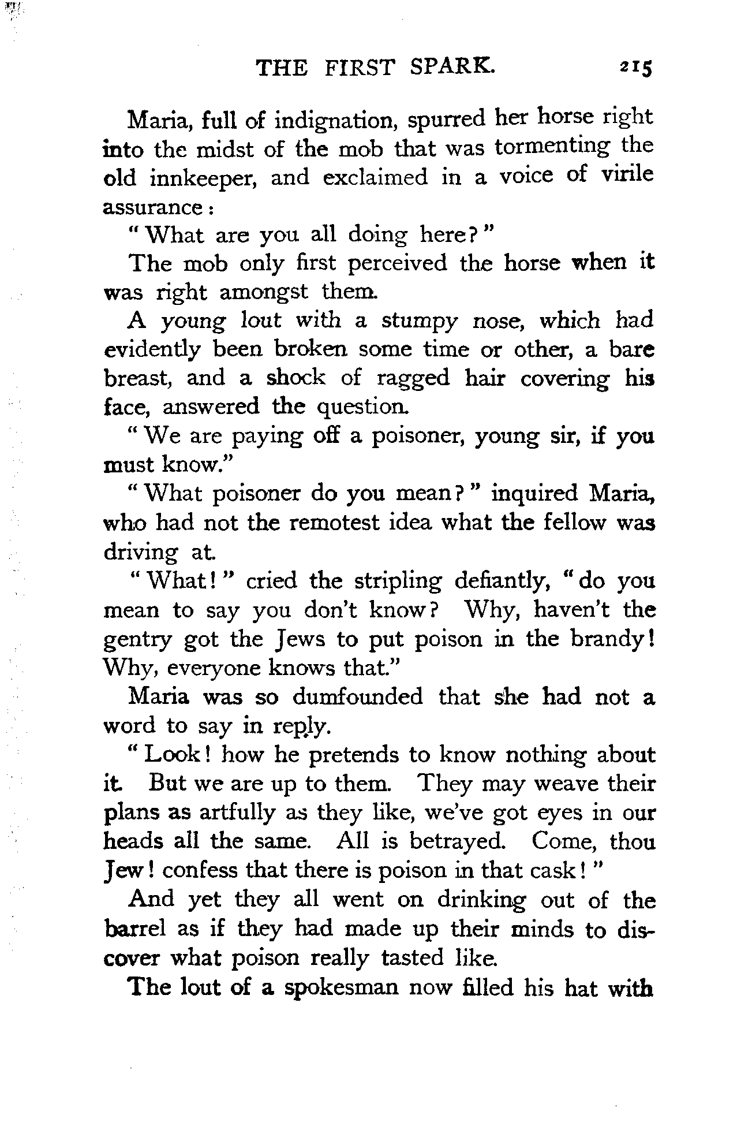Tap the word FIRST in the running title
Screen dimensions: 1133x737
coord(359,68)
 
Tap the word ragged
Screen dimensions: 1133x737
coord(413,378)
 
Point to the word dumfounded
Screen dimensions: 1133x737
coord(357,697)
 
